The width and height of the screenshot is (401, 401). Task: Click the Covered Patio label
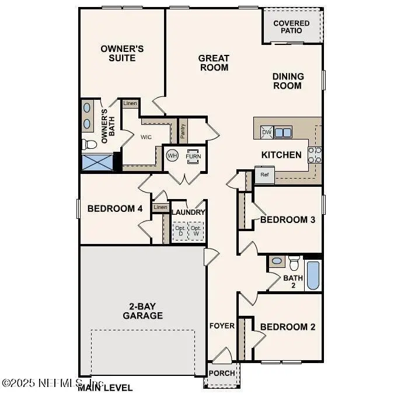(291, 27)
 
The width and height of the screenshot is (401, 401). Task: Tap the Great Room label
(214, 62)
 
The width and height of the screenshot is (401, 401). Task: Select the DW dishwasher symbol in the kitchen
(266, 132)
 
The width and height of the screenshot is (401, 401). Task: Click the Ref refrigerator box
(264, 175)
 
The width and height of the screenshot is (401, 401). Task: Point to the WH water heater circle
(172, 156)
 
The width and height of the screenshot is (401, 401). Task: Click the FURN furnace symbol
(192, 156)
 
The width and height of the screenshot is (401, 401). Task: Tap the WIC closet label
(146, 138)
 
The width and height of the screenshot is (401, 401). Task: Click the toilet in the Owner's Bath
(89, 144)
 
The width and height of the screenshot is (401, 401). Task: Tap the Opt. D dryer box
(180, 231)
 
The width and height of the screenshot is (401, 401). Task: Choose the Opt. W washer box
(196, 231)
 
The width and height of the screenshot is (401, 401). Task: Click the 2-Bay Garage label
(142, 311)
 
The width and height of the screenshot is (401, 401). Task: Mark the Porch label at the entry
(222, 373)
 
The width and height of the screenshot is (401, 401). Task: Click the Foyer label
(222, 326)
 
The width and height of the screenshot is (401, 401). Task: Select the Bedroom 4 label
(114, 208)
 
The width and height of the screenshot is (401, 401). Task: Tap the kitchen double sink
(283, 132)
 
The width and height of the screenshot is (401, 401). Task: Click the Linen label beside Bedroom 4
(161, 207)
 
